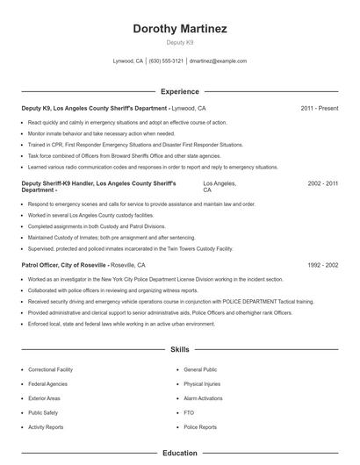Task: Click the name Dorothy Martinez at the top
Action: [x=180, y=29]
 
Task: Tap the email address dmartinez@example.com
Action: [x=218, y=61]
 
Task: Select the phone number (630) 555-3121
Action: [x=166, y=61]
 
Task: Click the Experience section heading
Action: [x=180, y=91]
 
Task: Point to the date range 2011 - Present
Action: [x=319, y=108]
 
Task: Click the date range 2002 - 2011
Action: [x=323, y=184]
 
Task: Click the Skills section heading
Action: [x=180, y=349]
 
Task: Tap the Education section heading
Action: [x=180, y=454]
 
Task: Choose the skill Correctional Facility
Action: [x=50, y=370]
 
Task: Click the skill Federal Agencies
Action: [x=47, y=384]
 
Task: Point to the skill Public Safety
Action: [x=44, y=412]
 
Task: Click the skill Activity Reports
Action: [x=47, y=427]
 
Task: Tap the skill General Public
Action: [x=200, y=370]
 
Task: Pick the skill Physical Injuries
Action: [x=202, y=384]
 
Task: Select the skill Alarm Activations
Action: [x=204, y=398]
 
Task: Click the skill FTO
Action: [x=189, y=412]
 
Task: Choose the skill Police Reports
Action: [x=200, y=427]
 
